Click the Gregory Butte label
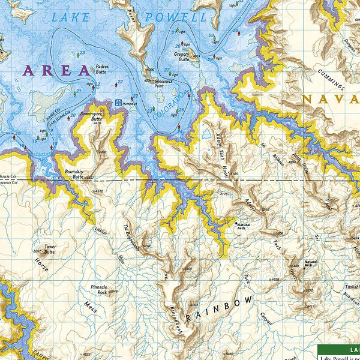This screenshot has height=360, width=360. (181, 57)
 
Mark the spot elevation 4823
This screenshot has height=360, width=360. (86, 354)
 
